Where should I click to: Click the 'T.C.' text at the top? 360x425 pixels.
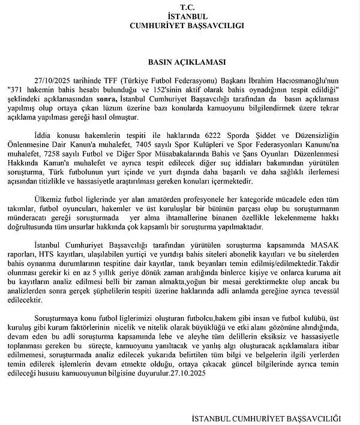coord(180,5)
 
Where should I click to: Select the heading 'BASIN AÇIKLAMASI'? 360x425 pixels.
coord(180,61)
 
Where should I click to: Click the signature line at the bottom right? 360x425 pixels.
coord(266,418)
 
